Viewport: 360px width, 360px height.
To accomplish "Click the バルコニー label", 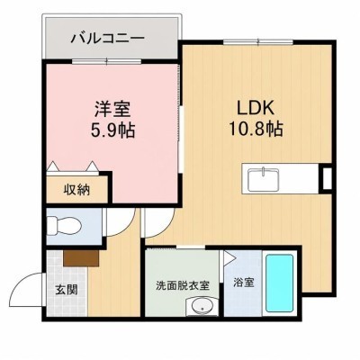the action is (x=108, y=39).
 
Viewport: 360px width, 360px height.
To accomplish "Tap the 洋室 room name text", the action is (x=112, y=109).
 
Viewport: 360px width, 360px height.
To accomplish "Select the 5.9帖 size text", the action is (x=112, y=130).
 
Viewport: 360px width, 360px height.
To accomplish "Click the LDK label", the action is (x=256, y=108).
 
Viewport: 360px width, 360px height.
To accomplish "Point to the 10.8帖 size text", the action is (x=256, y=129).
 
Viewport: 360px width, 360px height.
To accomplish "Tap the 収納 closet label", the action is (x=76, y=190).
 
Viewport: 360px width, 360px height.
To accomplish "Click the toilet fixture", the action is (x=64, y=226).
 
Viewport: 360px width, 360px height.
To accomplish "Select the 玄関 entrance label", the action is (x=67, y=290).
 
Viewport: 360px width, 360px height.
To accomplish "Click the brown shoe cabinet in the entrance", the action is (x=81, y=258).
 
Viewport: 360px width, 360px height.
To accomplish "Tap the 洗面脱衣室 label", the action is (x=183, y=285).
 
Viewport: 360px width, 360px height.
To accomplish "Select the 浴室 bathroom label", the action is (x=244, y=283).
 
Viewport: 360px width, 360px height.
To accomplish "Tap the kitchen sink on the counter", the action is (x=264, y=179).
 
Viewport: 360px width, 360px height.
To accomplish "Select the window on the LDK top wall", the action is (x=257, y=42).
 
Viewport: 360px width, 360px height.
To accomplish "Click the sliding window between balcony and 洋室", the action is (x=106, y=62).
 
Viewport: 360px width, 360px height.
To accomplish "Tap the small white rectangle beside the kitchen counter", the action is (x=327, y=179).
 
